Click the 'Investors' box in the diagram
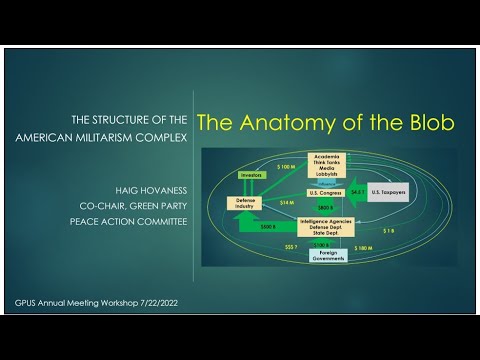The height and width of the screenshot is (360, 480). (251, 175)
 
